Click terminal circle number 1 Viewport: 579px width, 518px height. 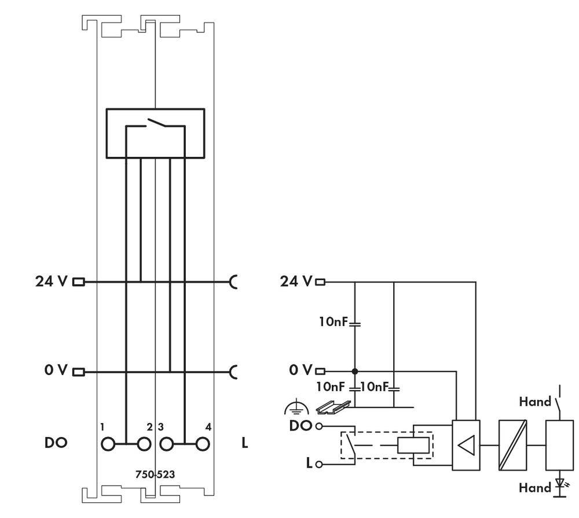pyautogui.click(x=108, y=444)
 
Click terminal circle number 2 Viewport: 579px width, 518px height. pyautogui.click(x=143, y=444)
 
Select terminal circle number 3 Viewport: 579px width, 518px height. pyautogui.click(x=167, y=444)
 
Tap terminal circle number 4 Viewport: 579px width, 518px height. pyautogui.click(x=202, y=444)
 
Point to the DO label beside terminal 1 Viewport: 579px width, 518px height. pyautogui.click(x=56, y=443)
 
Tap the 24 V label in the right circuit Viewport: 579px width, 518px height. pyautogui.click(x=296, y=282)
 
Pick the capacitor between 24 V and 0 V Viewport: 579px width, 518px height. pyautogui.click(x=354, y=322)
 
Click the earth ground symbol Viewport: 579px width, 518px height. pyautogui.click(x=292, y=409)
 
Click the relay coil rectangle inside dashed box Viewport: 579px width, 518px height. pyautogui.click(x=413, y=446)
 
